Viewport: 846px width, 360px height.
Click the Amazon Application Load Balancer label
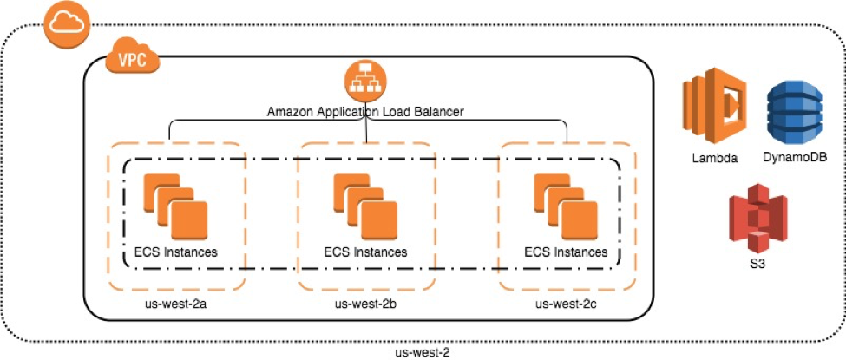pyautogui.click(x=364, y=111)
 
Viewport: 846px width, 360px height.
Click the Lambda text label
pyautogui.click(x=715, y=158)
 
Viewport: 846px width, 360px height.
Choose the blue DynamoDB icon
pyautogui.click(x=793, y=109)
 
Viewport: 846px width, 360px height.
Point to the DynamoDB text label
pyautogui.click(x=794, y=158)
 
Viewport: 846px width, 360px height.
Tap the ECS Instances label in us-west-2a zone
pyautogui.click(x=176, y=252)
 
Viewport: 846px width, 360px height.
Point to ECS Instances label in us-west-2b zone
pyautogui.click(x=365, y=252)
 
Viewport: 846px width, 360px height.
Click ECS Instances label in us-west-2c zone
pyautogui.click(x=566, y=252)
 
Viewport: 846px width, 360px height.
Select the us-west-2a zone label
pyautogui.click(x=176, y=304)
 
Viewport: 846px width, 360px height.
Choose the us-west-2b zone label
pyautogui.click(x=365, y=304)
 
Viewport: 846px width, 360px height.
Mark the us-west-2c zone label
pyautogui.click(x=566, y=304)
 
